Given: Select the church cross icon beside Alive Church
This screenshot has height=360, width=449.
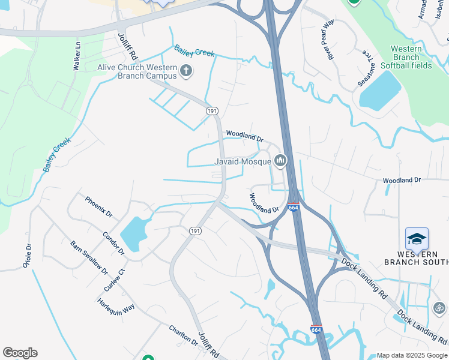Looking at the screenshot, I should click(x=186, y=72).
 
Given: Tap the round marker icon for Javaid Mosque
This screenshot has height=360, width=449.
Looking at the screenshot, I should click(x=280, y=161).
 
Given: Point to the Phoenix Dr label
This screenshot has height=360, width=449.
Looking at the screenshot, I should click(x=98, y=206).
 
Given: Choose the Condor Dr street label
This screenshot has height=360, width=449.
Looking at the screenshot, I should click(x=113, y=243).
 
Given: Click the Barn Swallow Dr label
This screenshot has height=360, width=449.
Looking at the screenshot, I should click(x=89, y=258).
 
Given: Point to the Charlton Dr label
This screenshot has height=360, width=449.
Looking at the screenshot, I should click(x=183, y=335).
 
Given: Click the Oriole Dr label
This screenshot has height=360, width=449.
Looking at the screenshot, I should click(x=27, y=256).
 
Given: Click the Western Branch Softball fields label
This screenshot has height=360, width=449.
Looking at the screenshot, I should click(x=411, y=57).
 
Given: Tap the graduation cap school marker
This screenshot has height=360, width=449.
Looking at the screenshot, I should click(x=417, y=239).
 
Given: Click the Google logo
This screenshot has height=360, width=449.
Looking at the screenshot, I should click(x=20, y=353).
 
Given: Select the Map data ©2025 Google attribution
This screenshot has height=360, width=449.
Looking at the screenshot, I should click(x=412, y=355).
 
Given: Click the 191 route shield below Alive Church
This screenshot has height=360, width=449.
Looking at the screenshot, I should click(x=211, y=111).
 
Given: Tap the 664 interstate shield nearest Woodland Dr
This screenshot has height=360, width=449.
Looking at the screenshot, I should click(x=293, y=207).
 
